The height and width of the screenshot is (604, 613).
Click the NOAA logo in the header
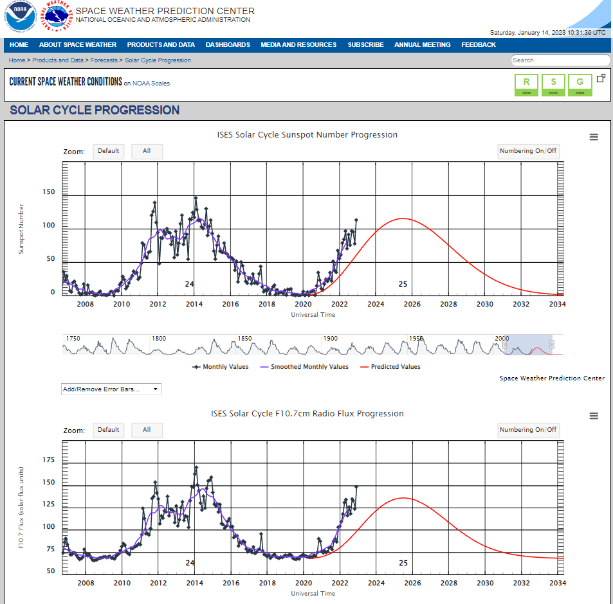click(21, 17)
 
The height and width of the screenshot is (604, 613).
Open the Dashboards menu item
click(228, 45)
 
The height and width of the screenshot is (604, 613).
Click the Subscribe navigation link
click(365, 45)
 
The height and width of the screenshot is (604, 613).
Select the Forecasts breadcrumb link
click(104, 60)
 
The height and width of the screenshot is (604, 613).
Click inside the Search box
click(558, 60)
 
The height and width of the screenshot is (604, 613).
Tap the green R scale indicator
click(527, 85)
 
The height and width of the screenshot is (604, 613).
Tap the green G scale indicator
click(580, 85)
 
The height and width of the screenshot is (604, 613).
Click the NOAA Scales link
click(151, 84)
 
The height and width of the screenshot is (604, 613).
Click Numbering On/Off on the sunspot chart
click(528, 151)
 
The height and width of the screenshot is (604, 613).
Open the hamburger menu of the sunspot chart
click(594, 137)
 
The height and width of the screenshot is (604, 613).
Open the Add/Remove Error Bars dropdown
click(111, 389)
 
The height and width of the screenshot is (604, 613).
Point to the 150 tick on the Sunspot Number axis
click(49, 192)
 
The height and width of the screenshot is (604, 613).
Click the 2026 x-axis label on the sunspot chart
click(412, 304)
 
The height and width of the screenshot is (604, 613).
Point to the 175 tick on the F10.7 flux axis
click(49, 459)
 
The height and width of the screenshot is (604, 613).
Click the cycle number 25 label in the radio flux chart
click(403, 563)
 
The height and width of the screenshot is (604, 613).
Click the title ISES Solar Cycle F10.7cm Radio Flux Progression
click(307, 413)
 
